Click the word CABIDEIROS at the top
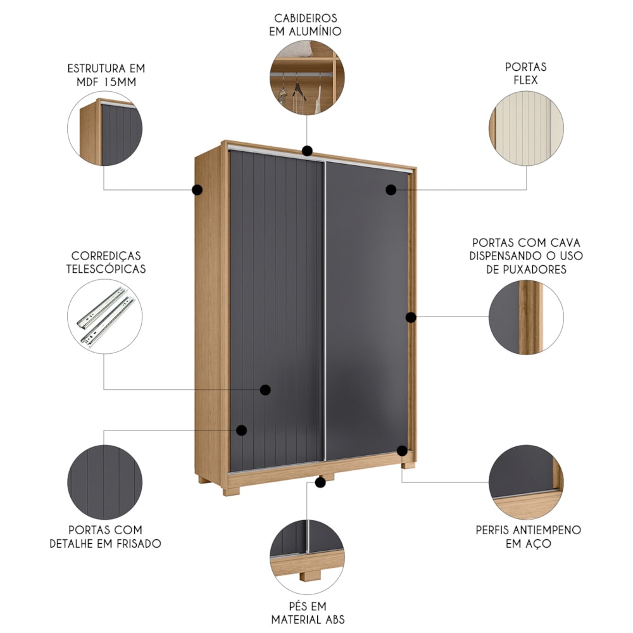(306, 18)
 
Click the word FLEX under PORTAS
(525, 80)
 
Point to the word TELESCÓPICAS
(106, 269)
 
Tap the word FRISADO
(139, 543)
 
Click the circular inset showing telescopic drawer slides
(105, 316)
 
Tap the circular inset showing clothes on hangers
(307, 77)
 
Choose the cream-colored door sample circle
(526, 128)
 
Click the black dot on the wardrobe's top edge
(307, 151)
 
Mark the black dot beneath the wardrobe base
(320, 482)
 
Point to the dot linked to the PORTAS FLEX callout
(391, 190)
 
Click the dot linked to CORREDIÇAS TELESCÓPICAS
(265, 389)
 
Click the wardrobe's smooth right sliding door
(367, 311)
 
